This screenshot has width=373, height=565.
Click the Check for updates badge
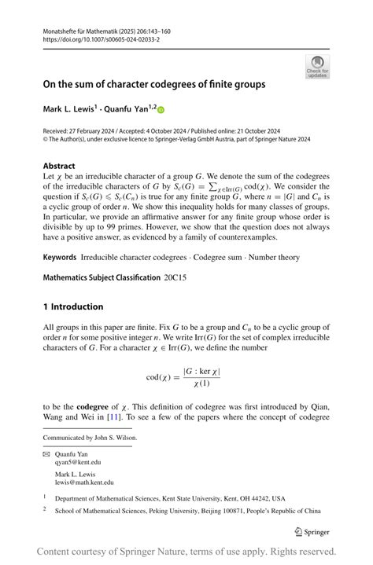tap(317, 67)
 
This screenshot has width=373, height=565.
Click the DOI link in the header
tap(91, 39)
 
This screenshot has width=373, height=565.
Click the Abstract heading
tap(60, 167)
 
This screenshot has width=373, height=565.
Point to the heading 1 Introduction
tap(73, 306)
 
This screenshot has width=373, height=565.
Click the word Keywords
tap(60, 256)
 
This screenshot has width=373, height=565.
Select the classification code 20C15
tap(175, 277)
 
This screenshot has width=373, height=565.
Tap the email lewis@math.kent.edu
tap(84, 482)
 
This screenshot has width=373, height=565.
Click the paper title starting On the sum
tap(154, 84)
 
